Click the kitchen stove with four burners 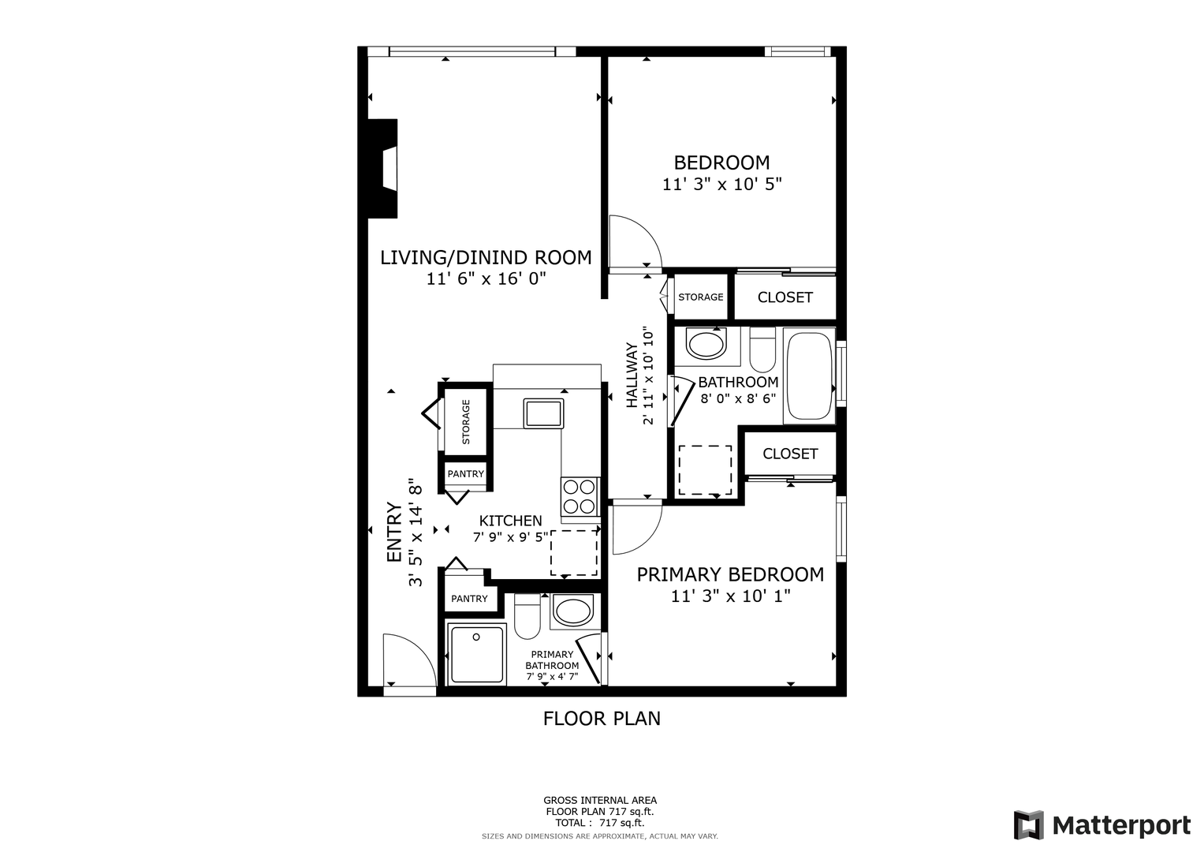(580, 497)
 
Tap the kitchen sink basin (543, 413)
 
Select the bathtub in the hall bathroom (809, 376)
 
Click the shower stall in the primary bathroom (476, 654)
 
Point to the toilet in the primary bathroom (527, 616)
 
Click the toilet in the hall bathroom (762, 349)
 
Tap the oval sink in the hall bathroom (706, 344)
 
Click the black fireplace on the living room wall (382, 168)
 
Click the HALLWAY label (632, 375)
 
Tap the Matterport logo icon (1029, 824)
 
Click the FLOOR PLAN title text (602, 719)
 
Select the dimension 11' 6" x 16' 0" (486, 278)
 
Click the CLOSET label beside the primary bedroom (789, 454)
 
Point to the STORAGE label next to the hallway (700, 297)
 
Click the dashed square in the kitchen (574, 552)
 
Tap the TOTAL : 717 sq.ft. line (599, 823)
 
